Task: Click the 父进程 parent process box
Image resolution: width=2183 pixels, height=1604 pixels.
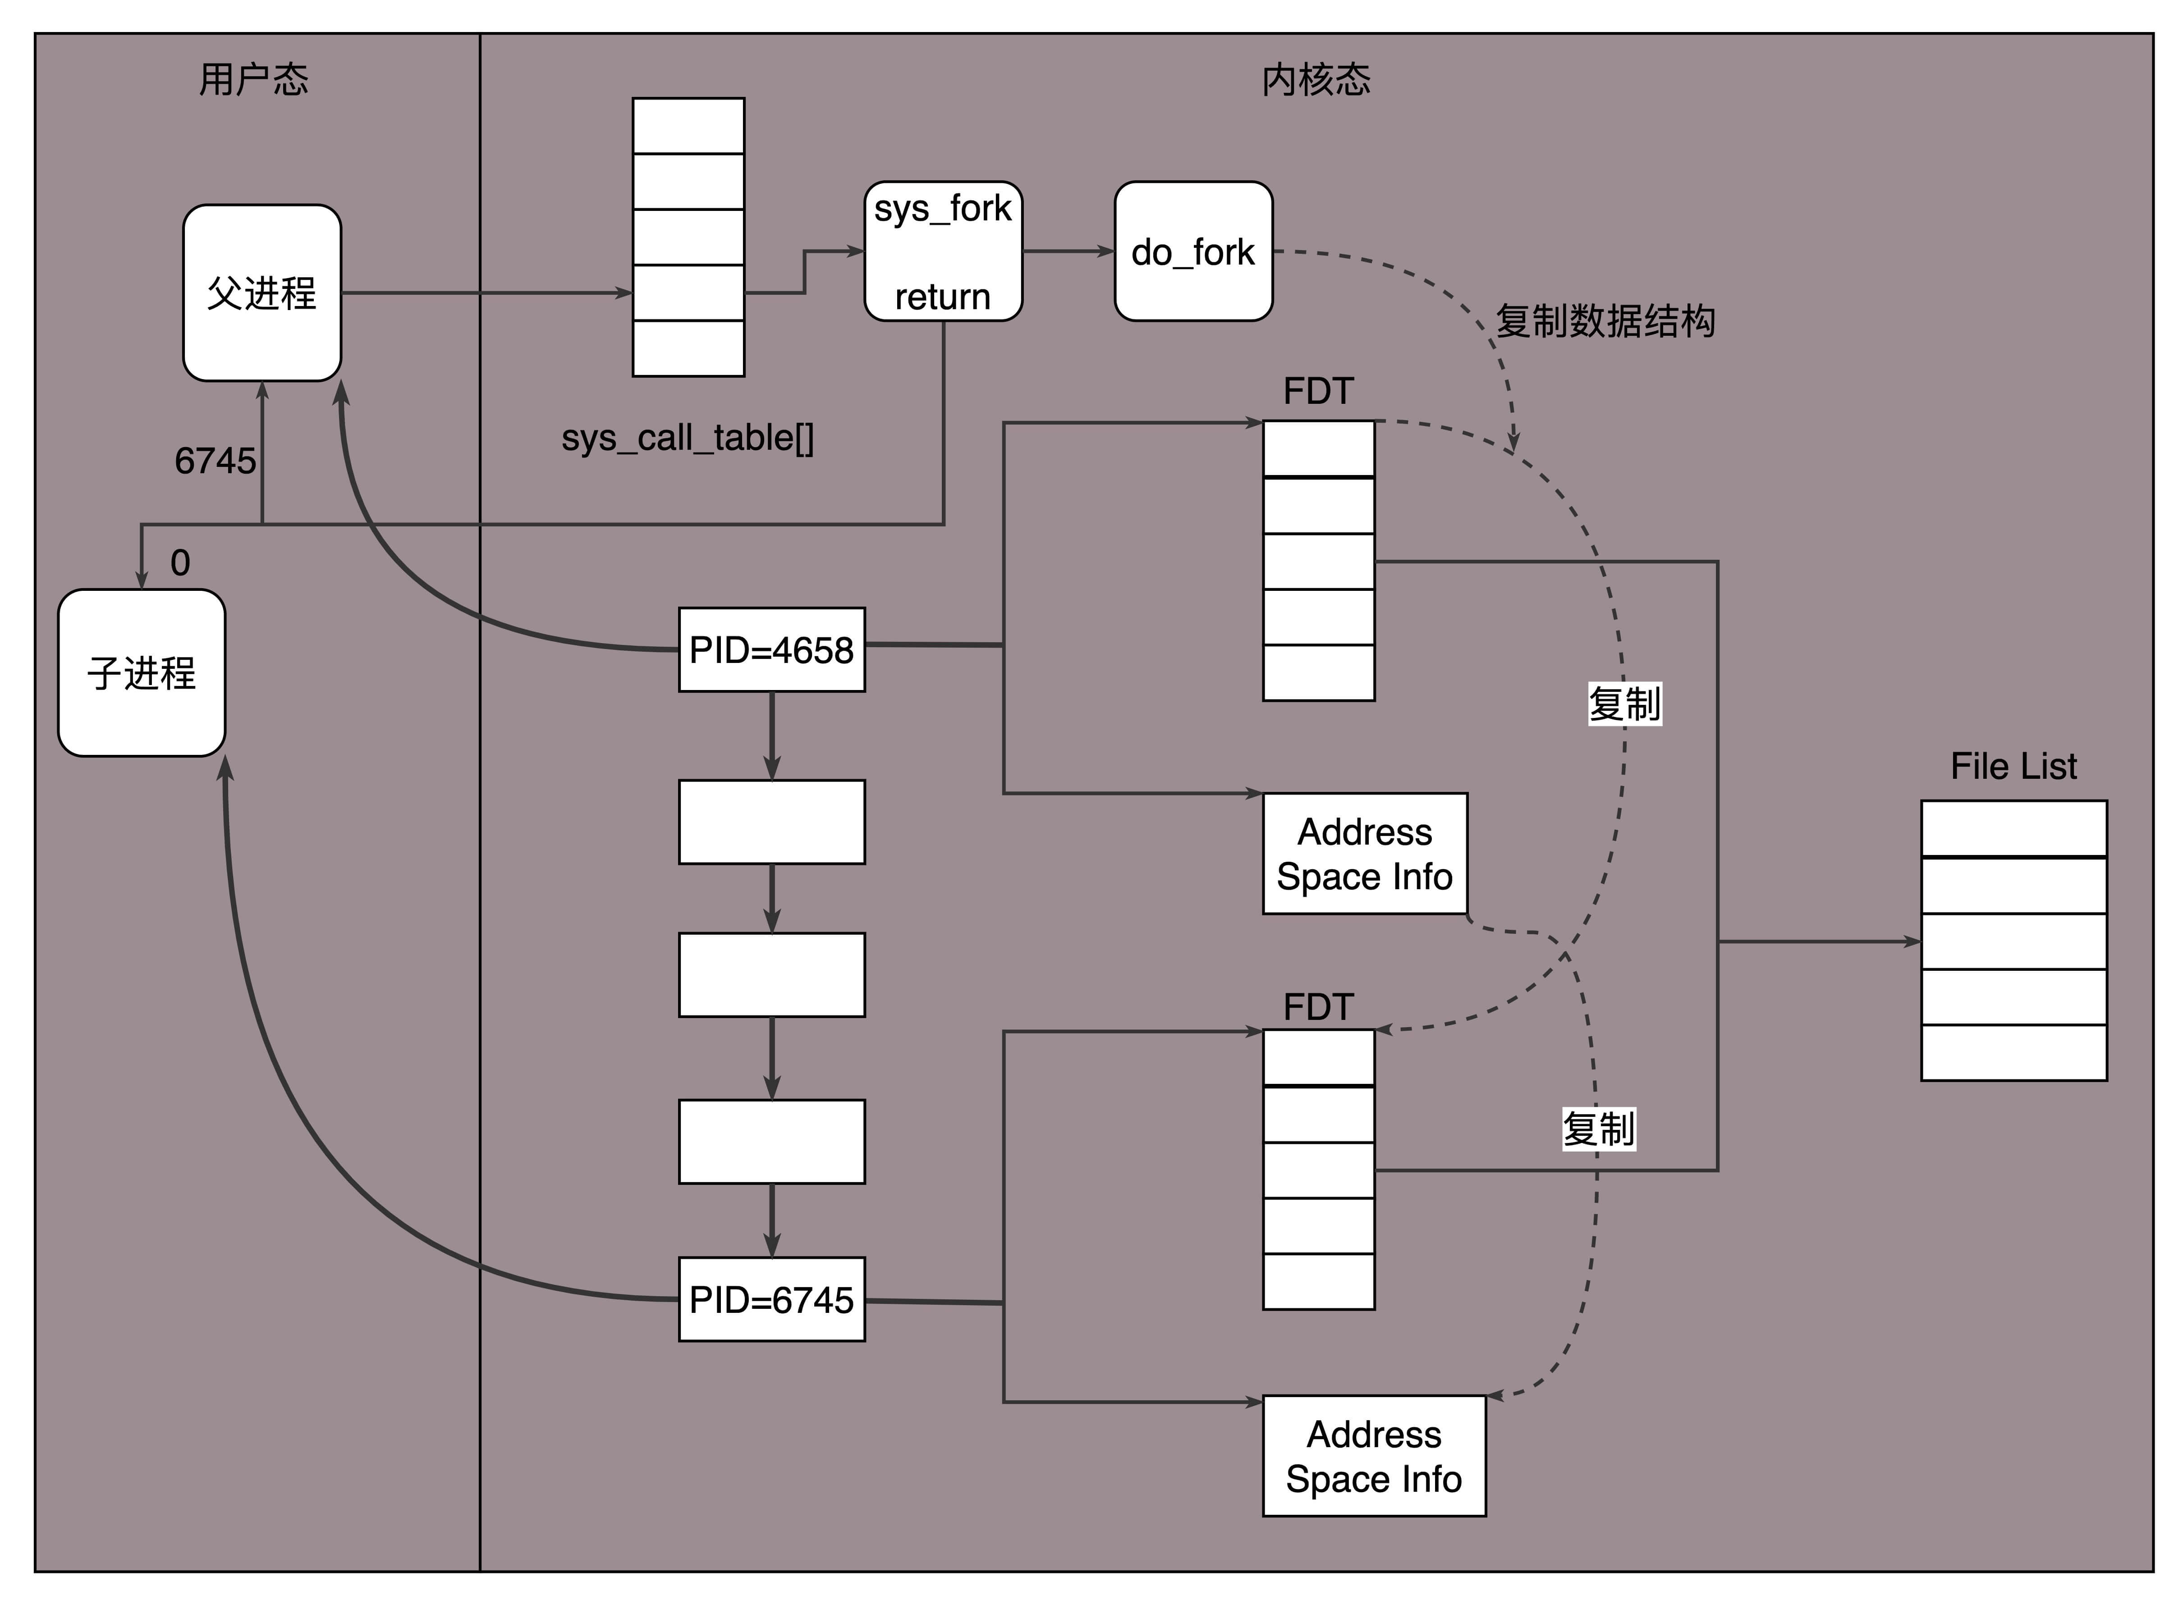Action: tap(262, 292)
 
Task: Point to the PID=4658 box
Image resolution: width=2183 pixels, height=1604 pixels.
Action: tap(771, 649)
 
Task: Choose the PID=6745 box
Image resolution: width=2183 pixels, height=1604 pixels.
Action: tap(771, 1299)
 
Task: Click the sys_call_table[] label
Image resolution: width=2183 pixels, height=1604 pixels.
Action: tap(688, 438)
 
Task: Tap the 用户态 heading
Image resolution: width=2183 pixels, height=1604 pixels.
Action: tap(253, 79)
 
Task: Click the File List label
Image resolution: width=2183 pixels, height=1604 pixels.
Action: tap(2013, 766)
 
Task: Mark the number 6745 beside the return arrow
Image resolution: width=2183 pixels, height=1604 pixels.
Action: tap(215, 460)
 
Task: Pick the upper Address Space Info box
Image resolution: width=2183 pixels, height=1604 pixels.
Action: tap(1364, 854)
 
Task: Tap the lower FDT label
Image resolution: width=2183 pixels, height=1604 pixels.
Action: tap(1318, 1007)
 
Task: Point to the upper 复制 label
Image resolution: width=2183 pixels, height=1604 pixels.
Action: tap(1623, 703)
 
